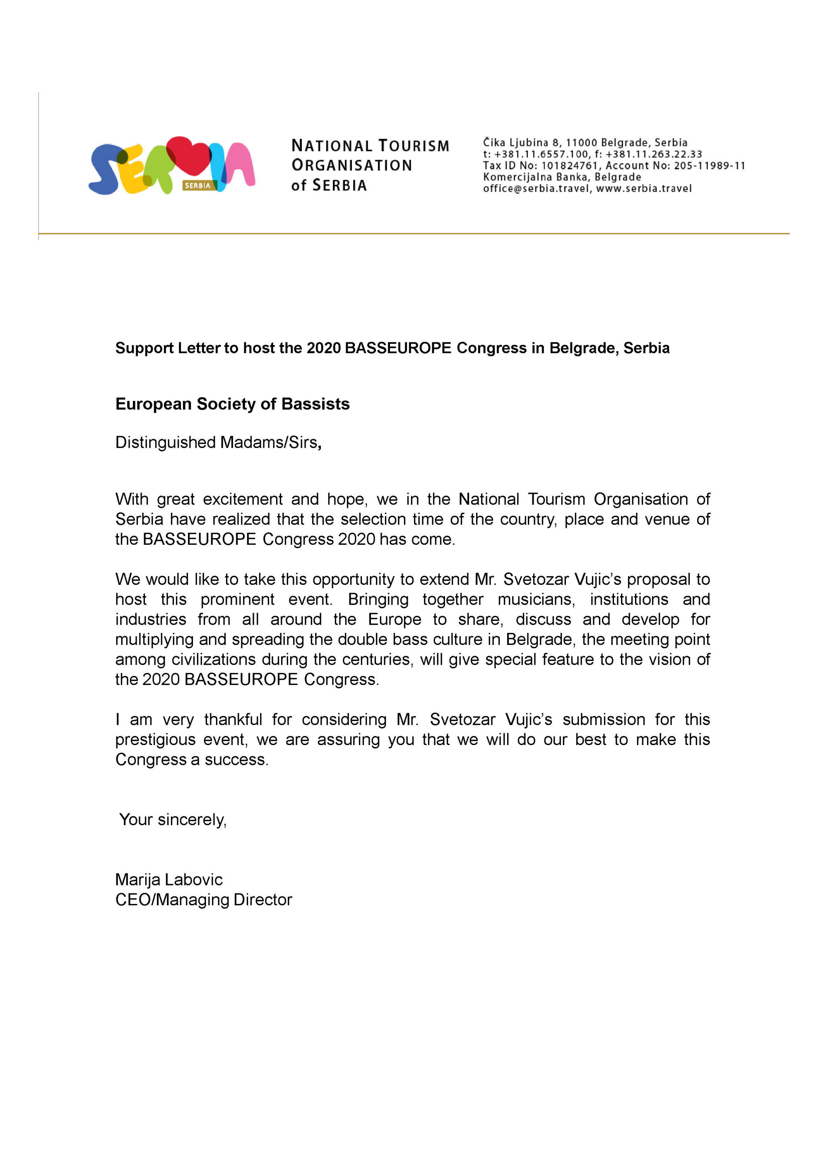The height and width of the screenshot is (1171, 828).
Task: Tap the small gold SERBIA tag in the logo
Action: click(198, 185)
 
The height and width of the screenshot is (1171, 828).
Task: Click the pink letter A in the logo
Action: click(240, 164)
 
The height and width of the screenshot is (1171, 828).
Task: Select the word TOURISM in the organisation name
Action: click(414, 146)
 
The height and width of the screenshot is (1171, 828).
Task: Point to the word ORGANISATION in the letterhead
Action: click(351, 165)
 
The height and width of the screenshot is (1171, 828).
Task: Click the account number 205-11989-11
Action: click(710, 166)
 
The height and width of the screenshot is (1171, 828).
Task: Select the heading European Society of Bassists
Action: click(232, 404)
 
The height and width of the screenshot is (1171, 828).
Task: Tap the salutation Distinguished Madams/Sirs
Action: click(218, 442)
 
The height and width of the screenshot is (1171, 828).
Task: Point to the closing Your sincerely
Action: click(173, 820)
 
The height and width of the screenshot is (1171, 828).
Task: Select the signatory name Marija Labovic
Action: click(169, 880)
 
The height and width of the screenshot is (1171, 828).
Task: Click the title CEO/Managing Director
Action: click(204, 900)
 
